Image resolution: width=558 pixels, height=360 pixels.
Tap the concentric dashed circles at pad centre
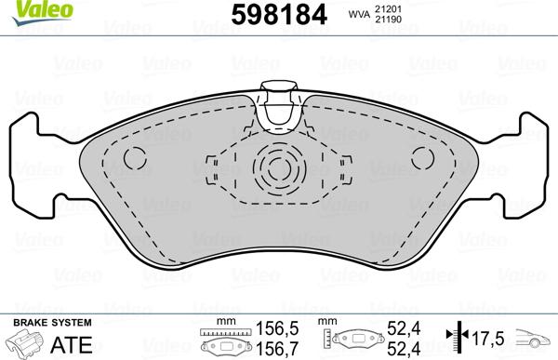pos(278,170)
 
